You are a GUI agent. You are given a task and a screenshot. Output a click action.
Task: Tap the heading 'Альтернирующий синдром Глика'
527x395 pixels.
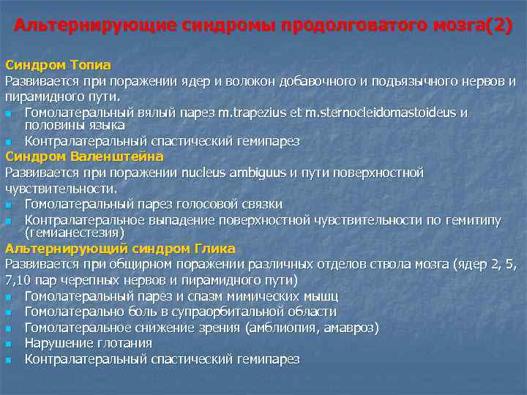click(120, 248)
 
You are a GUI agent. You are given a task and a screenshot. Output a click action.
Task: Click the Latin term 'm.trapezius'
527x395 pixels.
click(251, 113)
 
